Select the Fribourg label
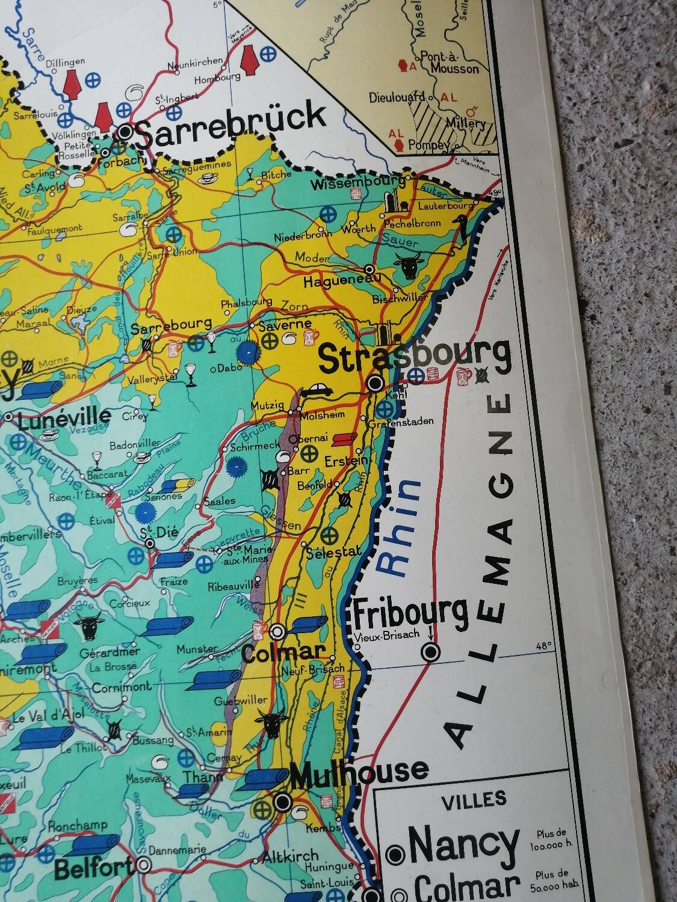(x=410, y=614)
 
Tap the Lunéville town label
(x=64, y=417)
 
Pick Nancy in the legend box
(x=463, y=845)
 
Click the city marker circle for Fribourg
(x=431, y=651)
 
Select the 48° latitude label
(x=543, y=646)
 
